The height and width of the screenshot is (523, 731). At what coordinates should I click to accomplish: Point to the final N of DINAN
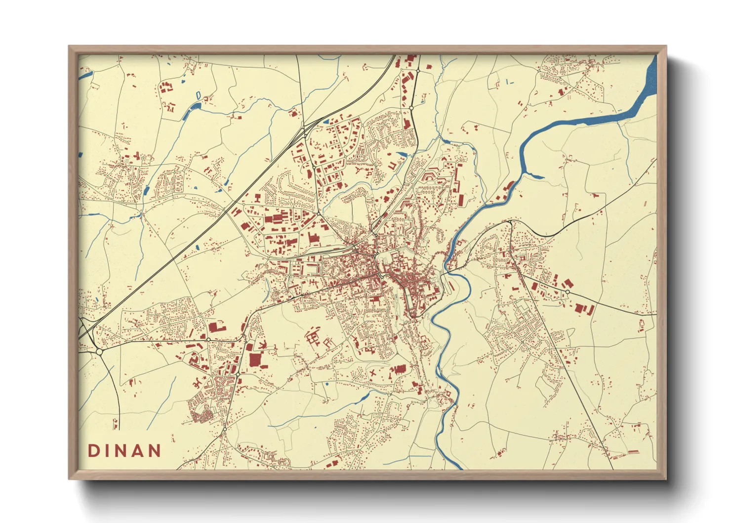click(156, 451)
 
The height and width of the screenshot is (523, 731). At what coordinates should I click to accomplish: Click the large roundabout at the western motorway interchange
click(99, 351)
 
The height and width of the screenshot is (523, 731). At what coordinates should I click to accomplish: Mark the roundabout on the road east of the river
click(568, 292)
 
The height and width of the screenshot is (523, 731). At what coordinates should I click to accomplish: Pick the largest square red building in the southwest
click(254, 359)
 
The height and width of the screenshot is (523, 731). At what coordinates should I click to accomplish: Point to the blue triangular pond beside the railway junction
click(326, 121)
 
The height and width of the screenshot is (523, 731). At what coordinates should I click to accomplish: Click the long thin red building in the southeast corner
click(633, 452)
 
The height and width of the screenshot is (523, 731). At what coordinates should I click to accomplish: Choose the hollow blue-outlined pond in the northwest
click(198, 94)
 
